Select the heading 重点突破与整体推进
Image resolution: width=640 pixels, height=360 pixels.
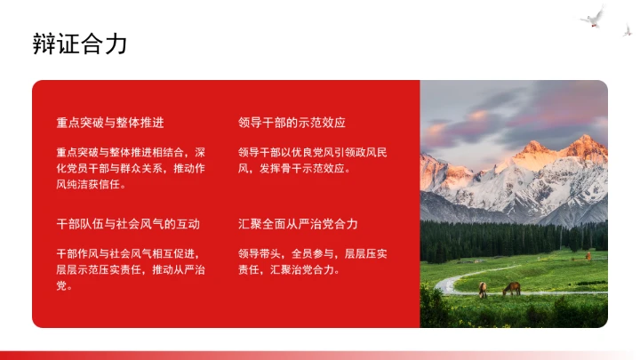coord(109,122)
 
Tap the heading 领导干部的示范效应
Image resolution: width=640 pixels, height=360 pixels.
coord(292,122)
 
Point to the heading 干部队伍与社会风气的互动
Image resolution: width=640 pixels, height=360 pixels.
coord(128,223)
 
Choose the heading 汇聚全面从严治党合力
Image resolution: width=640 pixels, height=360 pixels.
coord(298,223)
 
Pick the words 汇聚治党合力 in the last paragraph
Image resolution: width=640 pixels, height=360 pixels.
coord(308,269)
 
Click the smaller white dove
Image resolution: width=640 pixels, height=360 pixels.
coord(627,30)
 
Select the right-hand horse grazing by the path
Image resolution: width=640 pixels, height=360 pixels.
coord(511,288)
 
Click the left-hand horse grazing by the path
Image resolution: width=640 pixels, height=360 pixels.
coord(483,289)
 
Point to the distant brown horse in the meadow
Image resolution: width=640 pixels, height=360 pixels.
coord(588,256)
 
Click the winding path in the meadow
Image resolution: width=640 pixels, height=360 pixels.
coord(453,283)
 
